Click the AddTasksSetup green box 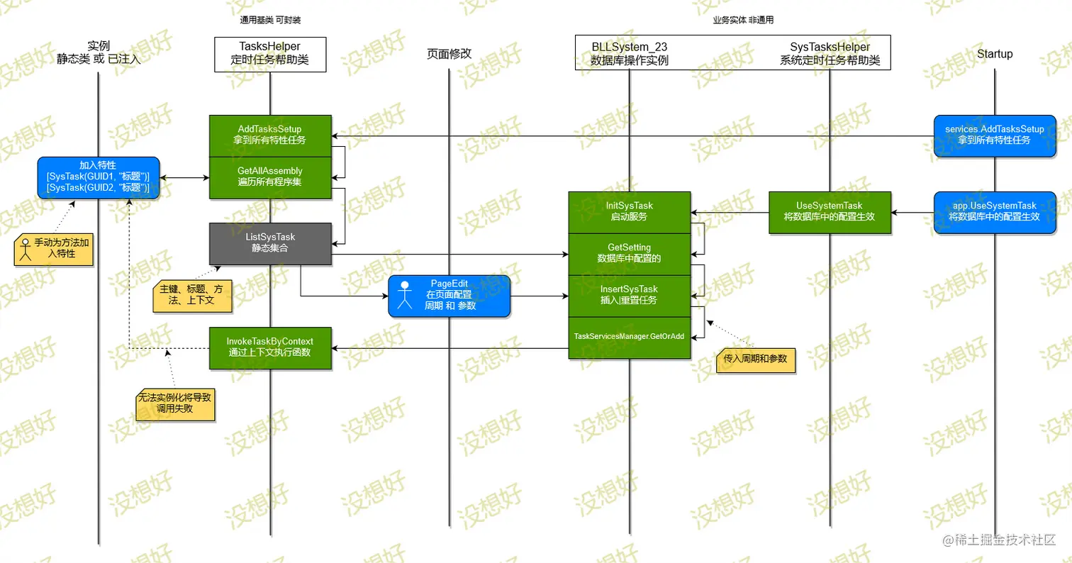[x=269, y=135]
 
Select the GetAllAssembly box [x=269, y=177]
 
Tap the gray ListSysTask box [x=269, y=243]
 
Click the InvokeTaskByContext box [x=269, y=347]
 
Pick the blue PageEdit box [x=450, y=296]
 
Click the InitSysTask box [x=629, y=212]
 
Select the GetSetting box [x=629, y=254]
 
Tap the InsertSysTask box [x=629, y=296]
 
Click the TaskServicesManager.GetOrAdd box [x=629, y=337]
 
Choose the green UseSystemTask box [x=830, y=212]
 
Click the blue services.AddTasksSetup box [x=994, y=135]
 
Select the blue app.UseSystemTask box [x=994, y=212]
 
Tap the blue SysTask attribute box [x=98, y=177]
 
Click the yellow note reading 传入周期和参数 [x=755, y=359]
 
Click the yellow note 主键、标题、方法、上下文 [x=192, y=295]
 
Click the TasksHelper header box [x=269, y=55]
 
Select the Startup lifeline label [x=994, y=54]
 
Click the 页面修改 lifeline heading [x=449, y=54]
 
